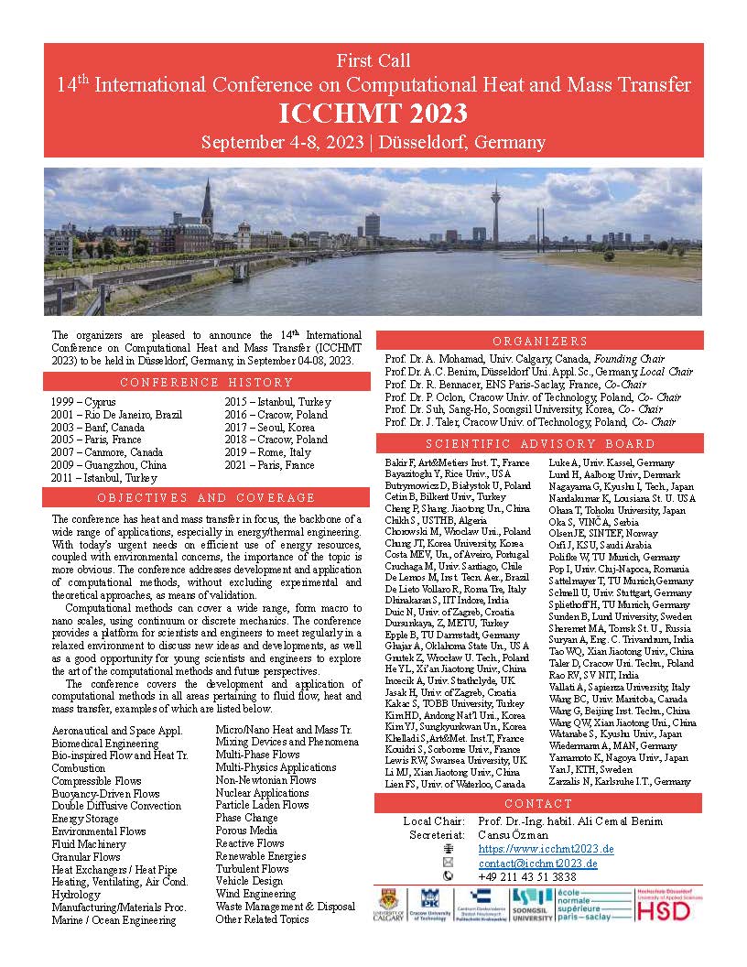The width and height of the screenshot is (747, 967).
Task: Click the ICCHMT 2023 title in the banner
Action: [373, 114]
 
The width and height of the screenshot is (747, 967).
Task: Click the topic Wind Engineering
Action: [255, 894]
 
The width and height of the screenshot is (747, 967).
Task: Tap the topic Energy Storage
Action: [85, 819]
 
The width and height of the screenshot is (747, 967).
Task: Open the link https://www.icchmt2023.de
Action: [546, 850]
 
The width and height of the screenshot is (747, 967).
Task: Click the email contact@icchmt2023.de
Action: [538, 863]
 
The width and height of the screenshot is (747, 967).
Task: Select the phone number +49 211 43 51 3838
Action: [527, 876]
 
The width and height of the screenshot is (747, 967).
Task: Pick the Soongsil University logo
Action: [532, 905]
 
